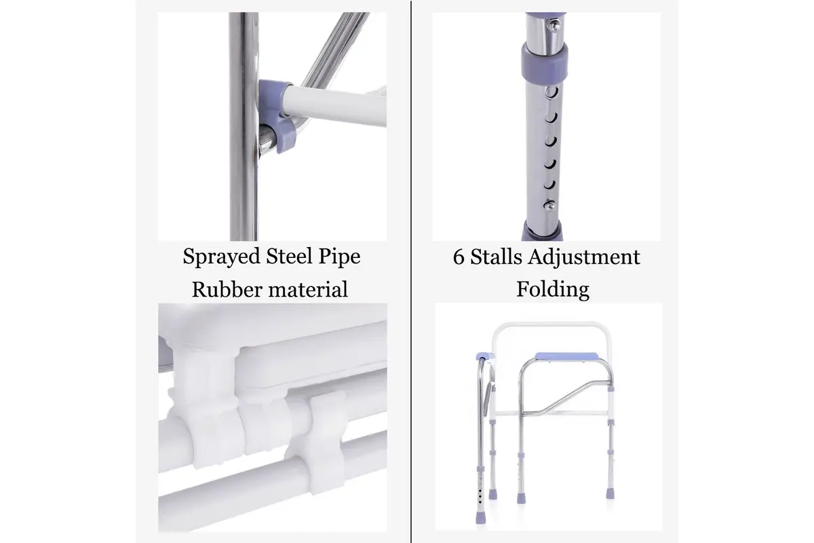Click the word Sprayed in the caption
(x=221, y=257)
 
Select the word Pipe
(x=339, y=257)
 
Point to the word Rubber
(x=227, y=289)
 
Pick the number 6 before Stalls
(x=459, y=257)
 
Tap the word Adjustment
(x=584, y=257)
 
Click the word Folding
(x=553, y=291)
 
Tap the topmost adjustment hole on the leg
(x=551, y=92)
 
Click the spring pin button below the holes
(x=549, y=205)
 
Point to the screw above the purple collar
(x=554, y=24)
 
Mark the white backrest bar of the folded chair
(x=551, y=324)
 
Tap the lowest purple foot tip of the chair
(x=480, y=517)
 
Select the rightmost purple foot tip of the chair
(x=610, y=493)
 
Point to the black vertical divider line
(x=411, y=271)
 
